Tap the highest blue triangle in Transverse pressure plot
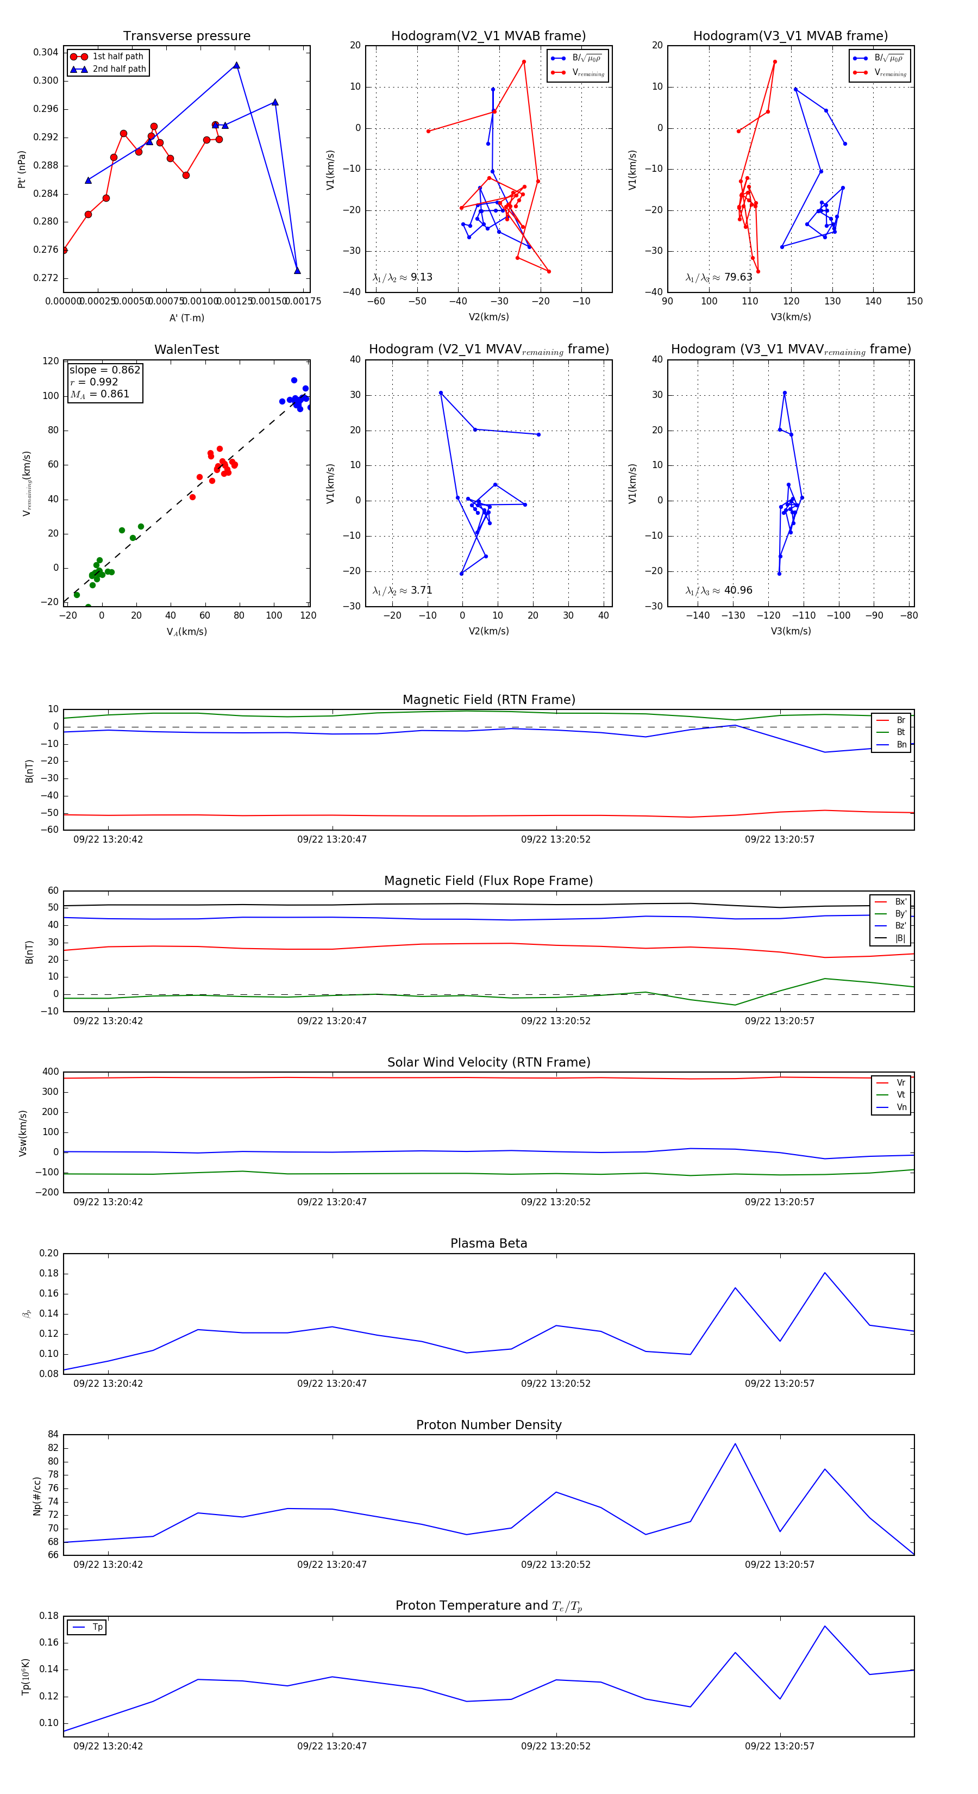pyautogui.click(x=237, y=65)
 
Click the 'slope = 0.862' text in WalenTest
pyautogui.click(x=104, y=370)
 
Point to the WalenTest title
pyautogui.click(x=186, y=350)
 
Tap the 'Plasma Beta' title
pyautogui.click(x=488, y=1243)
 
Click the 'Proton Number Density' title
pyautogui.click(x=488, y=1425)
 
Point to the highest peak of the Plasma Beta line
pyautogui.click(x=825, y=1273)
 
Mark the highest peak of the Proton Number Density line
pyautogui.click(x=735, y=1444)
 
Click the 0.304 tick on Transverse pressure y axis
pyautogui.click(x=46, y=52)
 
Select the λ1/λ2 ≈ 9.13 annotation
pyautogui.click(x=402, y=277)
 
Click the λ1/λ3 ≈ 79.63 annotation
pyautogui.click(x=718, y=277)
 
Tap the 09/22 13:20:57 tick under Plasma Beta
pyautogui.click(x=779, y=1383)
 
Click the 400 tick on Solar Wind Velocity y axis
pyautogui.click(x=50, y=1072)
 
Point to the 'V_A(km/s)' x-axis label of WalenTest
pyautogui.click(x=186, y=632)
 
